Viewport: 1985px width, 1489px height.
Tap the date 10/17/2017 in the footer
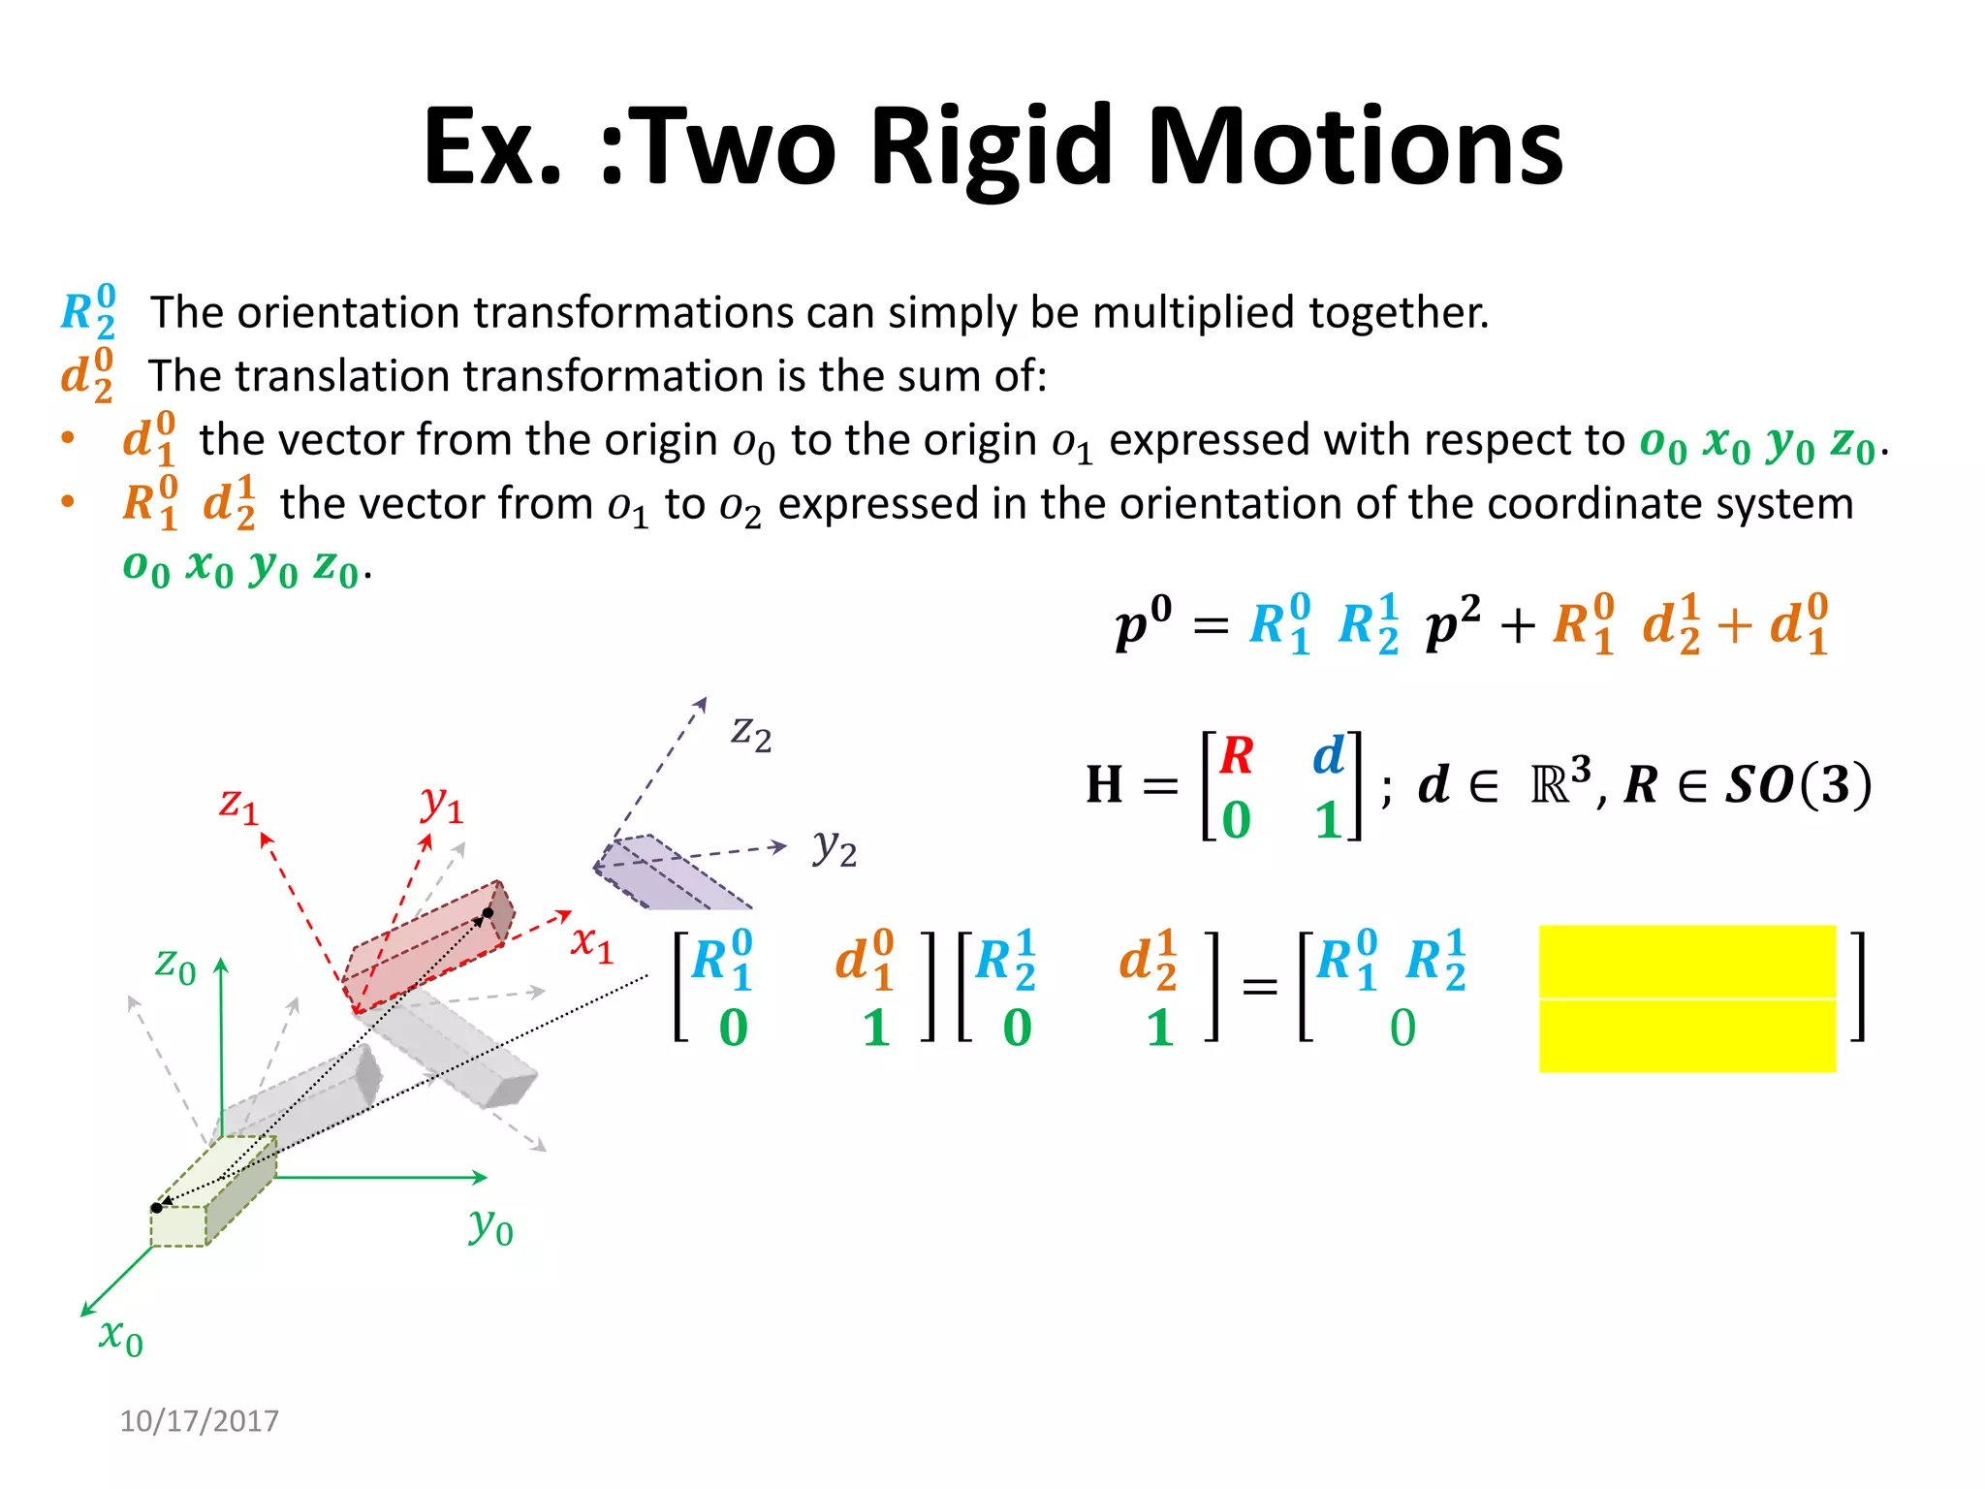point(199,1421)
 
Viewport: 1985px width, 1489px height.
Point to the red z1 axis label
point(238,805)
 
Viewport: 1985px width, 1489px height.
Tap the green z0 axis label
point(175,966)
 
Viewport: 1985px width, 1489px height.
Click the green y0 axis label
point(490,1226)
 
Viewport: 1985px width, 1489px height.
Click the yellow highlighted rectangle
point(1686,998)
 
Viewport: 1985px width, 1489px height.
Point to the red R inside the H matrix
point(1237,756)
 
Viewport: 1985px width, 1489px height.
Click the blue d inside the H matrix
point(1329,755)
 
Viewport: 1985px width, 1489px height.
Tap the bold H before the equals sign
point(1104,785)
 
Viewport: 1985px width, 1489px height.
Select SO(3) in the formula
point(1798,785)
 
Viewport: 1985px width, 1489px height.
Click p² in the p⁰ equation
point(1452,623)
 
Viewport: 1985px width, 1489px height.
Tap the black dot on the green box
point(157,1208)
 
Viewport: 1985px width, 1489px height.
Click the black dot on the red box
point(488,913)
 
